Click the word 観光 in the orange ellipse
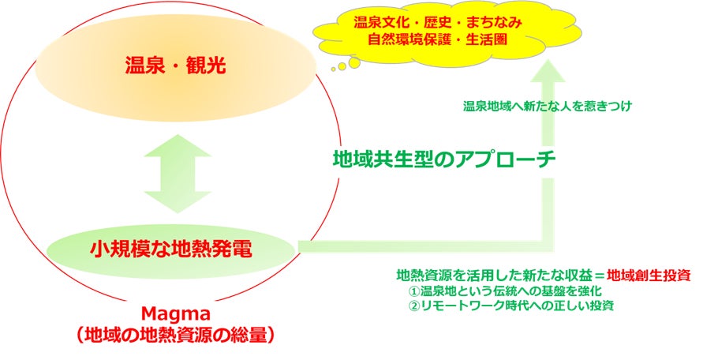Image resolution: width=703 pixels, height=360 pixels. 204,65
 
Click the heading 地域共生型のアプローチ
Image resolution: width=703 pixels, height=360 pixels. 443,159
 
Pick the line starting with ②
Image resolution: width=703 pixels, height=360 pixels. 511,305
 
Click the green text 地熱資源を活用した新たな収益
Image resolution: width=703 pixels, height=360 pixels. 490,276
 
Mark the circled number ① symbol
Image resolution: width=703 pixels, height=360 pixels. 413,291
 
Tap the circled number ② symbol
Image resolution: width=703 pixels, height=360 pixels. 413,305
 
